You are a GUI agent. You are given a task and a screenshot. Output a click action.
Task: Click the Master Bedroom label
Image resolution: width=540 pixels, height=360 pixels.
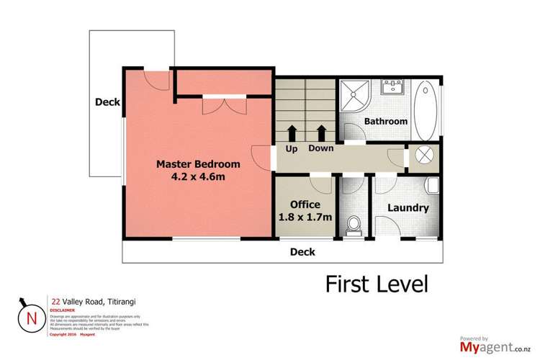[x=198, y=164]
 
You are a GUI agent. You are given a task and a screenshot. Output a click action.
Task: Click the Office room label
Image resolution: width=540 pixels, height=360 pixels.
[x=305, y=204]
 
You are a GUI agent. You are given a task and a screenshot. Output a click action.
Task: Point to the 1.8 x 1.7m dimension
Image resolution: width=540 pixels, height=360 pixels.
[x=305, y=217]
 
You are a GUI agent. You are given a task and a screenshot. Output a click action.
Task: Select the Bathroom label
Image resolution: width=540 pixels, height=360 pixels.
[x=385, y=121]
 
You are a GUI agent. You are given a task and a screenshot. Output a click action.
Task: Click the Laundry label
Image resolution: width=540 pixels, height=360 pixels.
[x=408, y=209]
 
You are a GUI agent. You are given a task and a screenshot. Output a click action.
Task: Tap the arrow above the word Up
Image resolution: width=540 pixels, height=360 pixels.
[x=293, y=132]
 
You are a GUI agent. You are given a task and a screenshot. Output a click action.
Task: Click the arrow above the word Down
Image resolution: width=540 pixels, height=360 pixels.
[x=321, y=132]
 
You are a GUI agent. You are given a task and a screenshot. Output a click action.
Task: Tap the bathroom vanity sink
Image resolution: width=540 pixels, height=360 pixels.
[x=393, y=86]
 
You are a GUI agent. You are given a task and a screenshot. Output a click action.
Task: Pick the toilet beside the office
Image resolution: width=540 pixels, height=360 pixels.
[x=352, y=226]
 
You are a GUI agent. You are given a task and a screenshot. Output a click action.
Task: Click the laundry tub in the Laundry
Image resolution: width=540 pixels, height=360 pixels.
[x=432, y=186]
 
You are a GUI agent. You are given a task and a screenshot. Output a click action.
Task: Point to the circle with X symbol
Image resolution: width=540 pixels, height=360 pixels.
[x=420, y=157]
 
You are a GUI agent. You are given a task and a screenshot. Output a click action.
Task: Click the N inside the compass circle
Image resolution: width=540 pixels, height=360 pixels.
[x=30, y=317]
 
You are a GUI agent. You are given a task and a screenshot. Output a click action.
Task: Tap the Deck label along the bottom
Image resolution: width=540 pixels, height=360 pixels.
[x=302, y=252]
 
